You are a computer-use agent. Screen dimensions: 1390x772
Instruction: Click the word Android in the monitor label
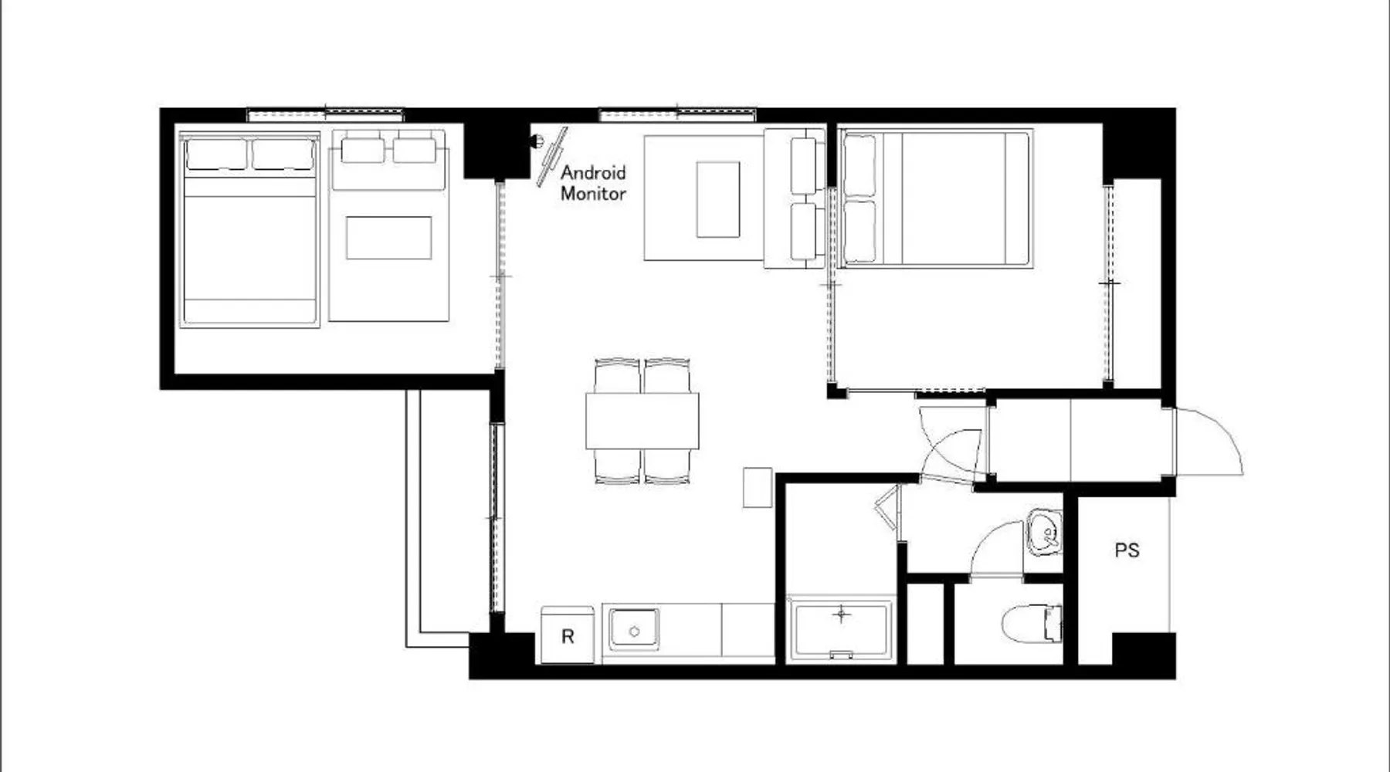tap(593, 172)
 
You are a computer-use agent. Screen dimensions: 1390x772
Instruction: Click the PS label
tap(1127, 550)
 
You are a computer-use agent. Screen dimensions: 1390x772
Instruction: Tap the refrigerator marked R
tap(568, 635)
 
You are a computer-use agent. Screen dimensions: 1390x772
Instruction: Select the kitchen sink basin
tap(634, 629)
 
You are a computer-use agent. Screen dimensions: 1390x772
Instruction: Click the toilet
tap(1032, 624)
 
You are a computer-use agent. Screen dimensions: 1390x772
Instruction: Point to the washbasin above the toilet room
tap(1044, 532)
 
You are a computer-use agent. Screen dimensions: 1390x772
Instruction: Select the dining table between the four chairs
tap(642, 421)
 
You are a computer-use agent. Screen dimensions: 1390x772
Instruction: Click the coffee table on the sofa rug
tap(718, 199)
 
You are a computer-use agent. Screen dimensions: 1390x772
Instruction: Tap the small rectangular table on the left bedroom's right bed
tap(388, 238)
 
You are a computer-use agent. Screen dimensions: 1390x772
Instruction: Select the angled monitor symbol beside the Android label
tap(552, 157)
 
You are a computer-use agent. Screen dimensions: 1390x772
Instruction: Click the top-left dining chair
tap(617, 376)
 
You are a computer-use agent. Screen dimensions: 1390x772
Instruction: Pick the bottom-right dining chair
tap(667, 467)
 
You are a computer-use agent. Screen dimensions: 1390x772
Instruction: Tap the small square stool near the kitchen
tap(758, 487)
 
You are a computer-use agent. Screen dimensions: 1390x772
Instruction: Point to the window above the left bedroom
tap(326, 115)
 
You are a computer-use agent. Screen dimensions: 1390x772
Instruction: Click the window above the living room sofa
tap(678, 115)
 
